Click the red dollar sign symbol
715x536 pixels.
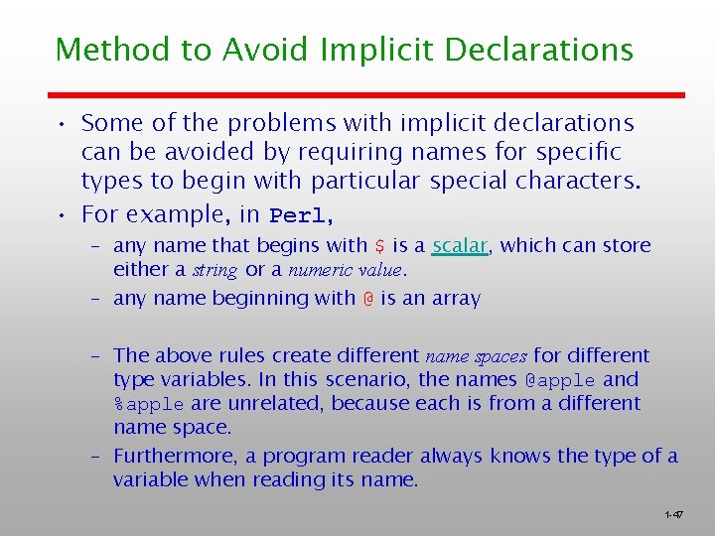379,245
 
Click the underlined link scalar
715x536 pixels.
460,245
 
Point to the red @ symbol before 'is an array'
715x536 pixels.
367,298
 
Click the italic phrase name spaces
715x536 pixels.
476,355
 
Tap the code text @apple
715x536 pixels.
560,379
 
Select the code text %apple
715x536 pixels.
148,404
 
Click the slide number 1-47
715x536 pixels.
674,514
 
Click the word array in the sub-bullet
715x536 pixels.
457,298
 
